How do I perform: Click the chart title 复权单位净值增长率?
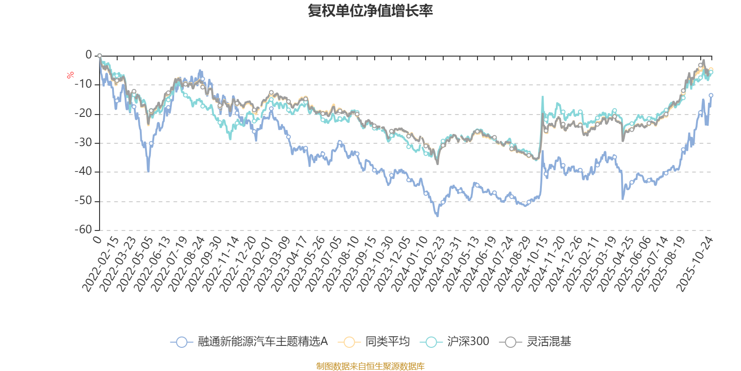pyautogui.click(x=370, y=11)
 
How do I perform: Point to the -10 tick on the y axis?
pyautogui.click(x=84, y=84)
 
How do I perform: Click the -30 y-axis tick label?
pyautogui.click(x=84, y=142)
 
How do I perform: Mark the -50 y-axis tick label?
pyautogui.click(x=84, y=201)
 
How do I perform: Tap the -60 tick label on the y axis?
pyautogui.click(x=84, y=230)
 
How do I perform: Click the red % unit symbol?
pyautogui.click(x=70, y=75)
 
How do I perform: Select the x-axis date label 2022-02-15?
pyautogui.click(x=101, y=264)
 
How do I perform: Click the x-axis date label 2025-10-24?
pyautogui.click(x=695, y=264)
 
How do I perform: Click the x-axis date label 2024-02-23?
pyautogui.click(x=427, y=264)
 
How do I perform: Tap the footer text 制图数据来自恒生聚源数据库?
pyautogui.click(x=370, y=366)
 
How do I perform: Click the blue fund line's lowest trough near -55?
pyautogui.click(x=437, y=216)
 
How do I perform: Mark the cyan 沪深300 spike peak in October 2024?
pyautogui.click(x=542, y=96)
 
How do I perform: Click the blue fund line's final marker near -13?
pyautogui.click(x=711, y=95)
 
